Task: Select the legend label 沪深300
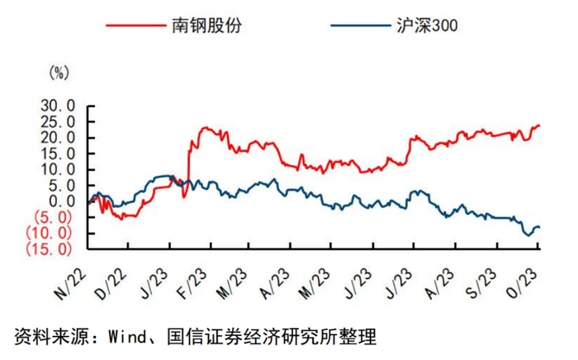(x=421, y=25)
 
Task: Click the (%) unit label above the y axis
(x=59, y=73)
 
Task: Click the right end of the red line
(x=539, y=126)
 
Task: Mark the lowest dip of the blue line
(x=527, y=235)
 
